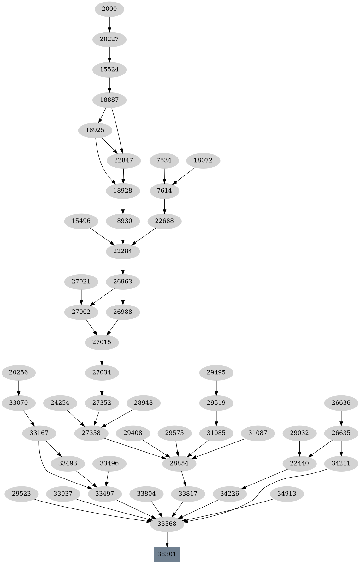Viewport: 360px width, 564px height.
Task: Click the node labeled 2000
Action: (109, 9)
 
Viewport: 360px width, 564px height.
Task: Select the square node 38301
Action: (167, 554)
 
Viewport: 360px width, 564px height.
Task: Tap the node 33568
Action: (167, 524)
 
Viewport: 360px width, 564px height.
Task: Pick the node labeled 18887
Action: (109, 100)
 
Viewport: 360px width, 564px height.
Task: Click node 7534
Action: (164, 160)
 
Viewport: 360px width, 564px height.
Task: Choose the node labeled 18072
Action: (203, 160)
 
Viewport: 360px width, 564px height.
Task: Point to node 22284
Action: (123, 251)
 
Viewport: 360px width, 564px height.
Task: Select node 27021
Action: (81, 282)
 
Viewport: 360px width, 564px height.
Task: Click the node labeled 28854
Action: (179, 463)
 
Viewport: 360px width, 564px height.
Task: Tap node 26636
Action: (341, 403)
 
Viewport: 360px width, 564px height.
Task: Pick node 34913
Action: (287, 494)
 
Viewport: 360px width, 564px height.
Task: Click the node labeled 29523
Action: (21, 494)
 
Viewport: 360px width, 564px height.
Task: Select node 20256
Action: (19, 372)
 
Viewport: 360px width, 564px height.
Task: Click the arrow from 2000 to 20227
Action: (109, 24)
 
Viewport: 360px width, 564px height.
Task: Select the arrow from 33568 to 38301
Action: (167, 539)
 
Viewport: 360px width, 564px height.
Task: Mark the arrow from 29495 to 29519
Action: (216, 388)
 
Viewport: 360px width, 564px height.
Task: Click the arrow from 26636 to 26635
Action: (341, 418)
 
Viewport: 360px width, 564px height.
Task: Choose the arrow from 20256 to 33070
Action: (19, 388)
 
